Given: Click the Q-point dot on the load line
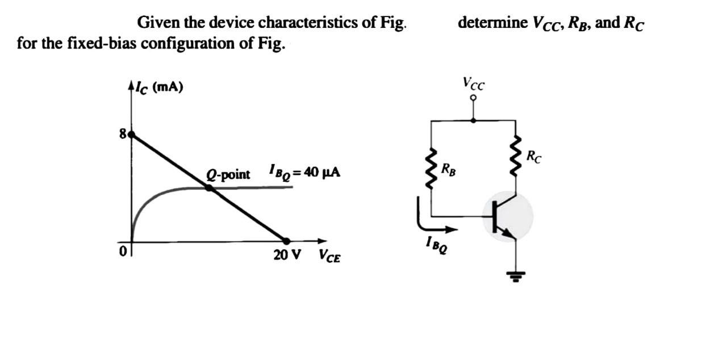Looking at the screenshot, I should (209, 187).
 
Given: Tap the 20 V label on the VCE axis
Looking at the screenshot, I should (287, 255).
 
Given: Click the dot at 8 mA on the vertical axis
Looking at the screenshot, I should (132, 135).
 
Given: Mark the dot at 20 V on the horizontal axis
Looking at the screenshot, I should (286, 241).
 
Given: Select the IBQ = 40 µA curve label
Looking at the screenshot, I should (304, 172).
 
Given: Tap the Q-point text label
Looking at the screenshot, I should (228, 174).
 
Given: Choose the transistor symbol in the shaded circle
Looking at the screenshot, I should (507, 216).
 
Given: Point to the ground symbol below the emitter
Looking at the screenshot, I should (516, 277).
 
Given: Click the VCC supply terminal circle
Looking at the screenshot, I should (473, 98).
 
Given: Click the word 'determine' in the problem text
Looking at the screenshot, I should (492, 23).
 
